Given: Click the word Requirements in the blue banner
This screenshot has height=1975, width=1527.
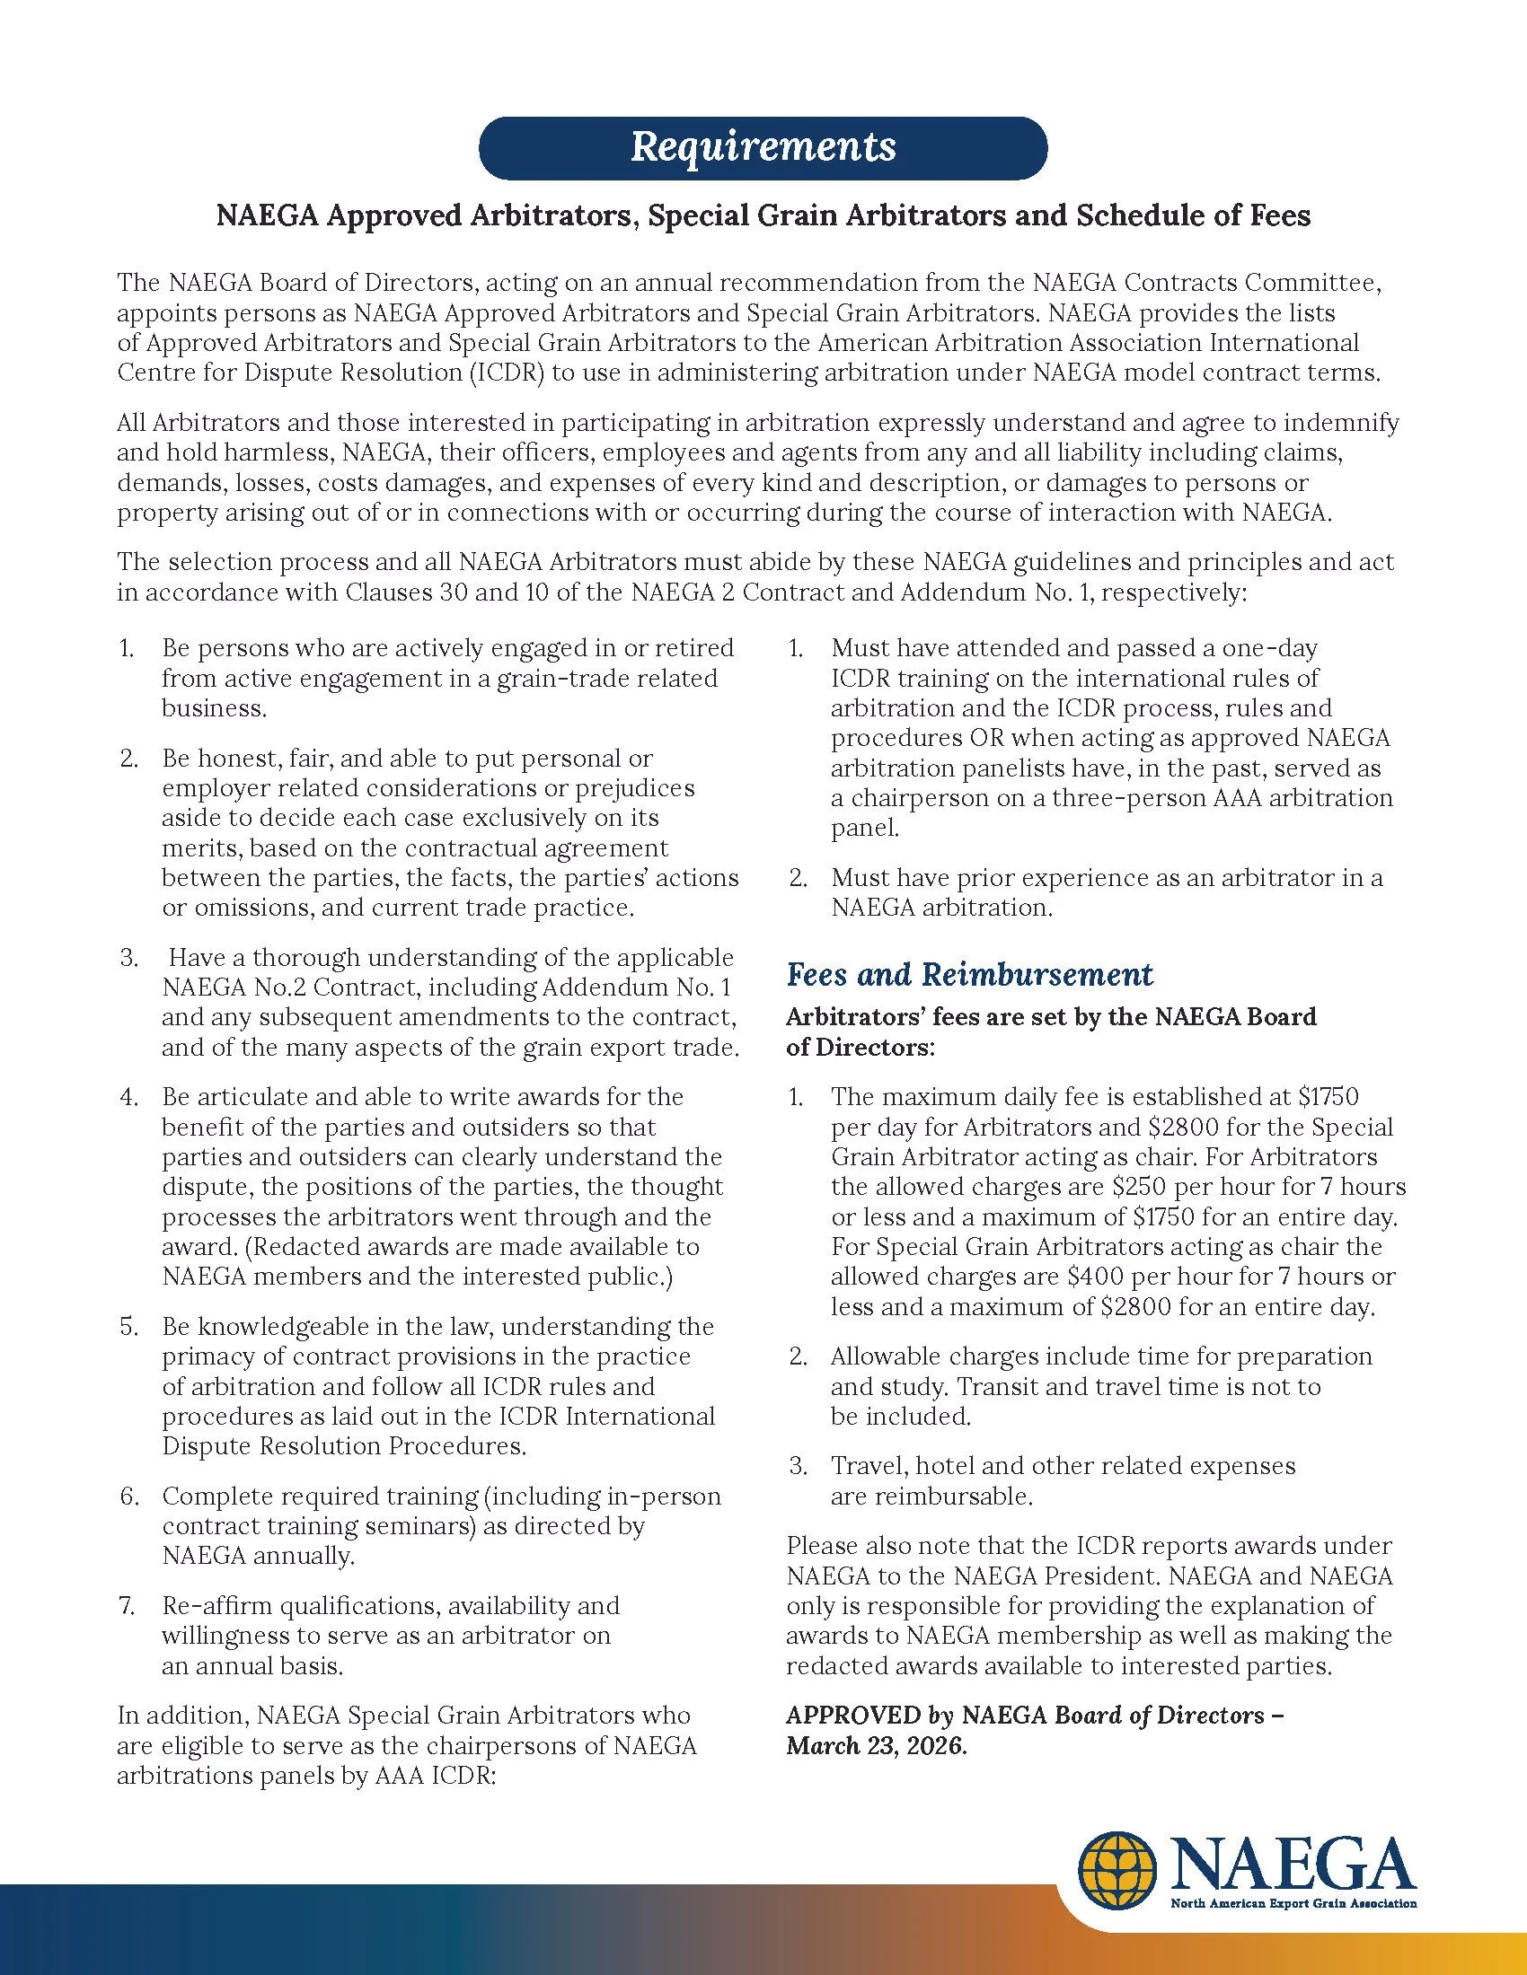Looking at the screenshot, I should (763, 146).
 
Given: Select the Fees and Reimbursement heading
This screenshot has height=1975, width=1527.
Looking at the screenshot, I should (969, 974).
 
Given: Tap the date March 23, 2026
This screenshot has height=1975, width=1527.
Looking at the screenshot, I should (876, 1745).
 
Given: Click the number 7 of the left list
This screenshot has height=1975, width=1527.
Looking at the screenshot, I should (127, 1606).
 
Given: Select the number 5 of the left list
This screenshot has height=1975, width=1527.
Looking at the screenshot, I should (128, 1327).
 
